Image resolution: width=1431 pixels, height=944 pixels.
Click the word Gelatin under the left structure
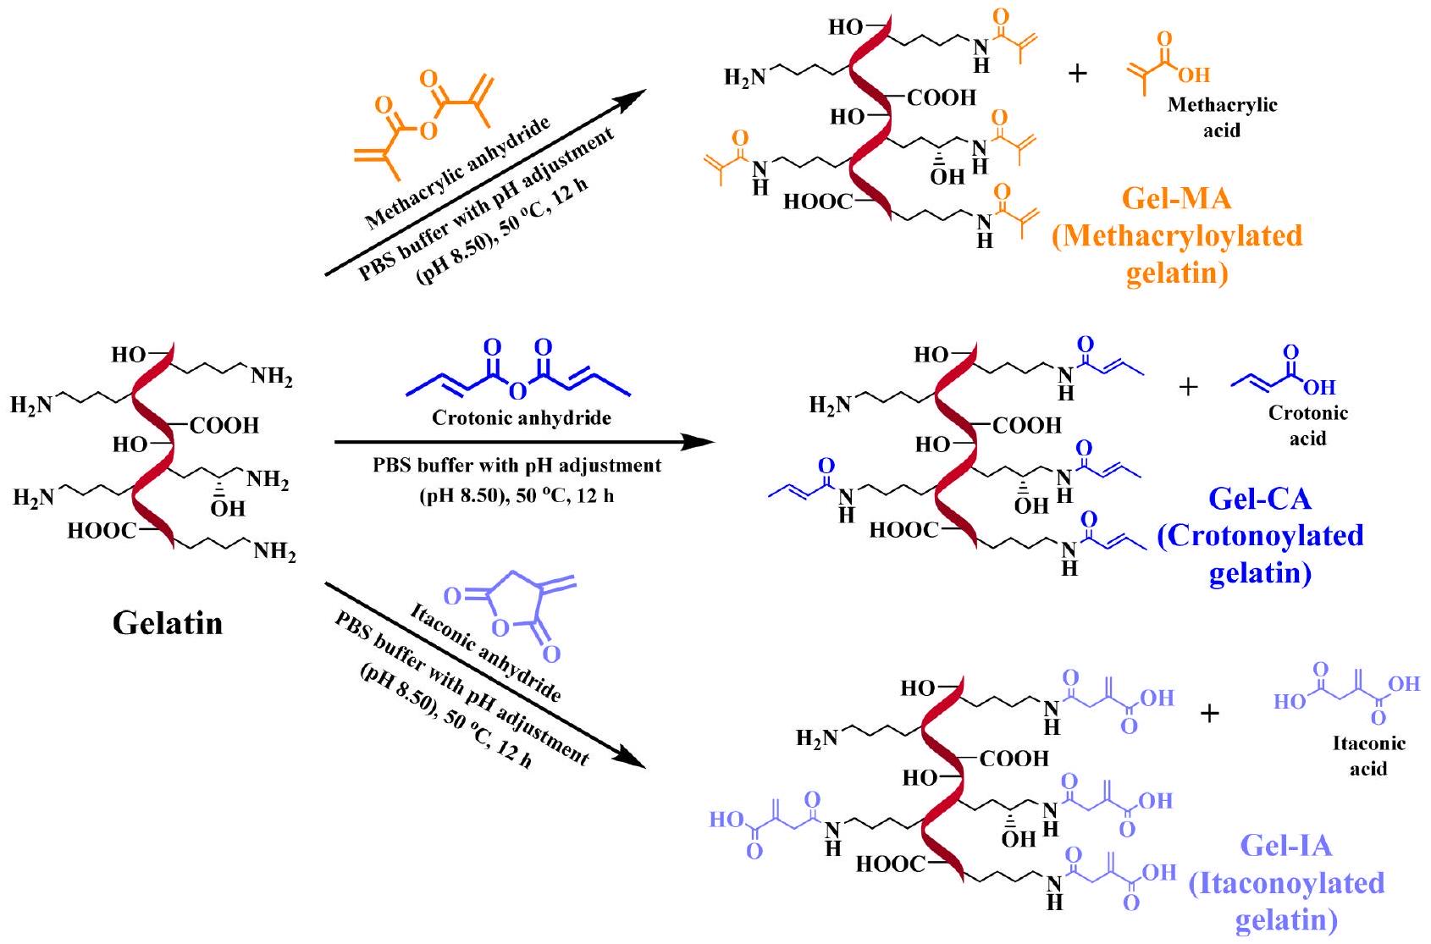pos(168,624)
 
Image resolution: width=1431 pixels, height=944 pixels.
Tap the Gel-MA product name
pos(1176,198)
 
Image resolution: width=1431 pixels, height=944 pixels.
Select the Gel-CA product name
pos(1260,499)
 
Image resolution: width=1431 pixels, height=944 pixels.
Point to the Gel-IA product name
pos(1285,845)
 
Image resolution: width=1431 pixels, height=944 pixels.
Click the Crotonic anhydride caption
pos(522,418)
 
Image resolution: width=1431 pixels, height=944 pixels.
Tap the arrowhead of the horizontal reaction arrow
pos(698,441)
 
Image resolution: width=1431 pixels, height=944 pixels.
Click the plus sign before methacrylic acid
pos(1077,74)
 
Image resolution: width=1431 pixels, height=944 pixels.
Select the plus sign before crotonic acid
pos(1189,387)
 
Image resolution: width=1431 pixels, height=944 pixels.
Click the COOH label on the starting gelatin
pos(224,425)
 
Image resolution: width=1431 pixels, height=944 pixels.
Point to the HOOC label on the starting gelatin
pos(101,531)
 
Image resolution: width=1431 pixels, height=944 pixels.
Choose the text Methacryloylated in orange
pos(1177,236)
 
